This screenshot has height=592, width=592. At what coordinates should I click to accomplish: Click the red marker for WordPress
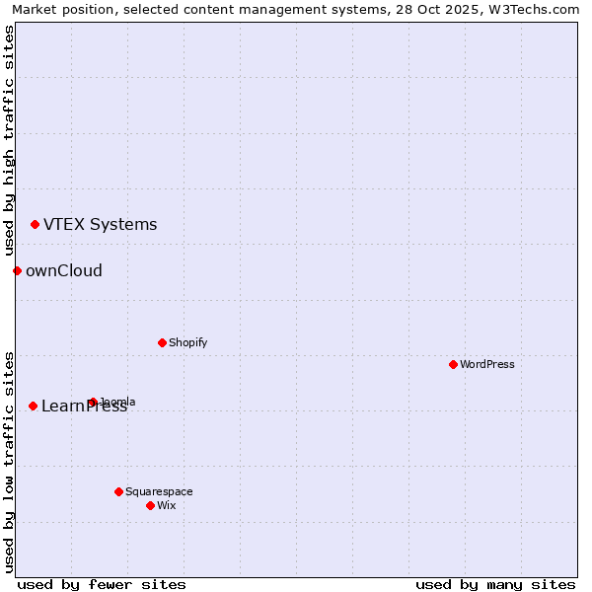click(453, 364)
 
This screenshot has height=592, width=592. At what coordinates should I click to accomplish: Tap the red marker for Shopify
click(162, 342)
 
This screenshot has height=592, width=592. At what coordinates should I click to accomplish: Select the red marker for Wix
click(150, 505)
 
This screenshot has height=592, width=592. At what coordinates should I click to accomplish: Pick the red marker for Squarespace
click(118, 491)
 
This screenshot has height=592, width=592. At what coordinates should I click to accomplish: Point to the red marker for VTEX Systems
click(35, 224)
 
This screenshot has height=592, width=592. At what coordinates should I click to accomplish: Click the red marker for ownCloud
click(17, 270)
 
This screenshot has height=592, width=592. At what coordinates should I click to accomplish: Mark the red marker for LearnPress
click(33, 406)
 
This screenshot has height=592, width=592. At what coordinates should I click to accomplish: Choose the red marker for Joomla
click(93, 402)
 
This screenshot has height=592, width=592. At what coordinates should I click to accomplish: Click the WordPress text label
click(487, 364)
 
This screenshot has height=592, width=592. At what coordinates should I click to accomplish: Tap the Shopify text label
click(187, 342)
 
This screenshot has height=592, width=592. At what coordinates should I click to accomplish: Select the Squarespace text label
click(159, 491)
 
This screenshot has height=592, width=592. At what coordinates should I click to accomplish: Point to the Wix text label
click(166, 505)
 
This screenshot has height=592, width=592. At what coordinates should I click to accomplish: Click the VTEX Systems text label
click(100, 224)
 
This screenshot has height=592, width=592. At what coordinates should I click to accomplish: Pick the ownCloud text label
click(63, 270)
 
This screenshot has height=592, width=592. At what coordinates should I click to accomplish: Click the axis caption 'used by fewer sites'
click(102, 584)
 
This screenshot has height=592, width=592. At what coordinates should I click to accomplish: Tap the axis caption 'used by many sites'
click(495, 584)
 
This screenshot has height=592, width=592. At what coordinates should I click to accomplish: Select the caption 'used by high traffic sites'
click(9, 140)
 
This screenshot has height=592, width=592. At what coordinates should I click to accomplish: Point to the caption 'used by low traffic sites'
click(9, 462)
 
